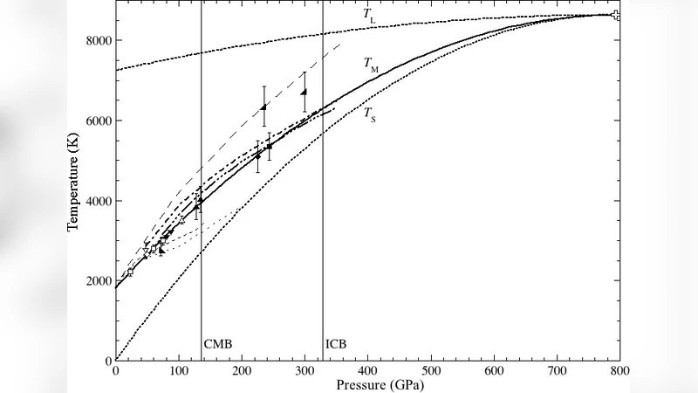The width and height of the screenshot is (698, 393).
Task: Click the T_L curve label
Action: pyautogui.click(x=370, y=15)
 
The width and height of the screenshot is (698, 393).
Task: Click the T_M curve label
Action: pyautogui.click(x=371, y=64)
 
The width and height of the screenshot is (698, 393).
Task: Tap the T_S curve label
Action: pyautogui.click(x=370, y=114)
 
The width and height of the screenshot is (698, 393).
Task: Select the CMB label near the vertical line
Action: pyautogui.click(x=218, y=344)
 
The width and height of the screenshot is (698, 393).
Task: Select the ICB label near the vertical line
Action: pyautogui.click(x=336, y=344)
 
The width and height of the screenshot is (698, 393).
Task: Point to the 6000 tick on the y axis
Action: pyautogui.click(x=98, y=121)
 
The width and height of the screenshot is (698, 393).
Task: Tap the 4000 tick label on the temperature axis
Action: pyautogui.click(x=98, y=201)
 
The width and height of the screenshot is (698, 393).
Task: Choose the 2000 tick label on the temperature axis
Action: pyautogui.click(x=98, y=280)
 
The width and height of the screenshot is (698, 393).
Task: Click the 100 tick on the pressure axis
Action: pyautogui.click(x=178, y=370)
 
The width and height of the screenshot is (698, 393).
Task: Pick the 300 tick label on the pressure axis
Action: pyautogui.click(x=305, y=370)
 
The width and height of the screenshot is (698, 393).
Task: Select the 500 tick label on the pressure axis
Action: pyautogui.click(x=431, y=370)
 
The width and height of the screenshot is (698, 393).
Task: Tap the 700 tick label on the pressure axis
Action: pyautogui.click(x=557, y=370)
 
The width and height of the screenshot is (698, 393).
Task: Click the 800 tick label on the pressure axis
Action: pyautogui.click(x=619, y=370)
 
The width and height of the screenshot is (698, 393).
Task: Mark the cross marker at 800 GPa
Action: pyautogui.click(x=616, y=15)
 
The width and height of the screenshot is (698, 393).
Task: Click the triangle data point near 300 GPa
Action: pyautogui.click(x=304, y=92)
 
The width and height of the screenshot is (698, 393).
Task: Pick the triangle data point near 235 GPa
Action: pyautogui.click(x=263, y=107)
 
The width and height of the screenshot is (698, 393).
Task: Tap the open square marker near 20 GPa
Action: pyautogui.click(x=130, y=272)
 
